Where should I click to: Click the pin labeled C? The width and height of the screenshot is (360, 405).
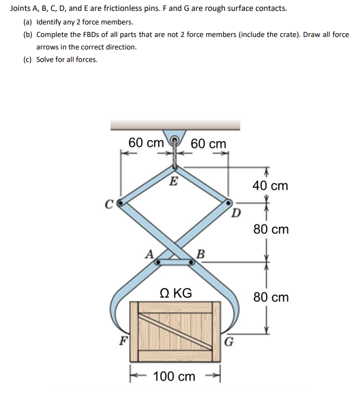click(x=121, y=203)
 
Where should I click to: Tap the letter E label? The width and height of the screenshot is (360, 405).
click(x=173, y=181)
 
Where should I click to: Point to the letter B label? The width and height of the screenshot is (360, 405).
click(x=200, y=253)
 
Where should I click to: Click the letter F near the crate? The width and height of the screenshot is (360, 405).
click(x=123, y=343)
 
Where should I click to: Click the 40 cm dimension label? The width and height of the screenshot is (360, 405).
click(x=270, y=186)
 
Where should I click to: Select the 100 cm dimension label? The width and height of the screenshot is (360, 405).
click(x=175, y=376)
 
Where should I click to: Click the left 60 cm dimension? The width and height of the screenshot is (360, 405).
click(x=146, y=143)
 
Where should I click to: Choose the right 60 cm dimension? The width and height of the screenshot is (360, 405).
click(x=209, y=144)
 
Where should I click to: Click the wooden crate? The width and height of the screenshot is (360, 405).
click(x=175, y=332)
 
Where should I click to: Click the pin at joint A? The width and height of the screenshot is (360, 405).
click(x=157, y=262)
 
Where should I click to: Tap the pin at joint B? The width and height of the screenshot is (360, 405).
click(x=191, y=262)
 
